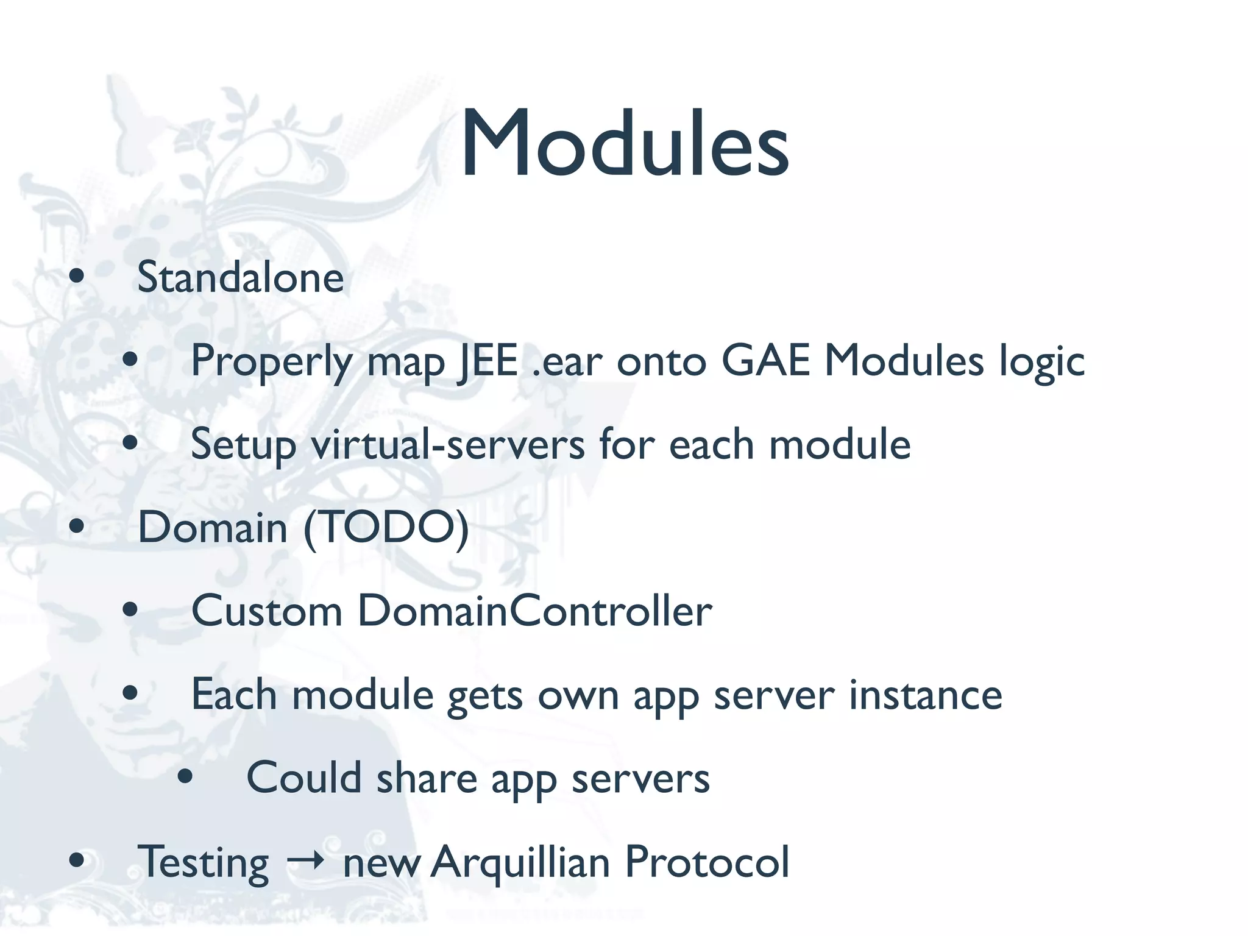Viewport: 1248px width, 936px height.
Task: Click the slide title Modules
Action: [x=625, y=144]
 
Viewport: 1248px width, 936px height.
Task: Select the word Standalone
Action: [x=241, y=278]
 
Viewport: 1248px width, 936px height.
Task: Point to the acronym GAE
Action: [x=765, y=361]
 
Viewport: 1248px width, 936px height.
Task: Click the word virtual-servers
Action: [x=448, y=444]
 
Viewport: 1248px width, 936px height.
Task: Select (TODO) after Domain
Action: [x=386, y=528]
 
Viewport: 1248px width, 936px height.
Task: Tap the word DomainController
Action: [x=534, y=611]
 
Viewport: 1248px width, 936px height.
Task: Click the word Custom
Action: [x=267, y=611]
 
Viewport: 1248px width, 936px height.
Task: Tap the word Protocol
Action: [x=707, y=862]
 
